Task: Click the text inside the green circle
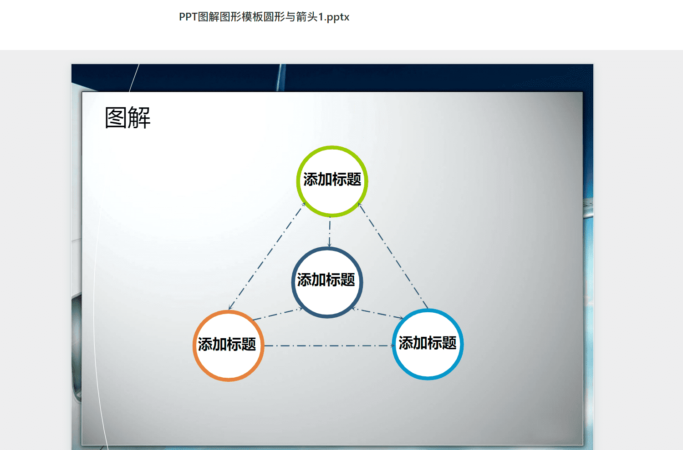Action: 332,180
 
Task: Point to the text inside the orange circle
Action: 227,345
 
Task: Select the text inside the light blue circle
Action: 428,343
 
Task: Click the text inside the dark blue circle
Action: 326,280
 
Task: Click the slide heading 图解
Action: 128,118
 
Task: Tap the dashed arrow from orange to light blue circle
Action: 330,345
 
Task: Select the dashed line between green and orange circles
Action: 267,256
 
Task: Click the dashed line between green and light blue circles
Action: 393,256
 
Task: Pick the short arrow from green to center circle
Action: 330,232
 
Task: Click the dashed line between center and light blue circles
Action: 378,313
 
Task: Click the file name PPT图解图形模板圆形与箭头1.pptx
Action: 264,17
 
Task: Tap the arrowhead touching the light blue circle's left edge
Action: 393,345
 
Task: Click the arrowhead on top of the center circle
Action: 329,245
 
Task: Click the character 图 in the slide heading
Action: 116,118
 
